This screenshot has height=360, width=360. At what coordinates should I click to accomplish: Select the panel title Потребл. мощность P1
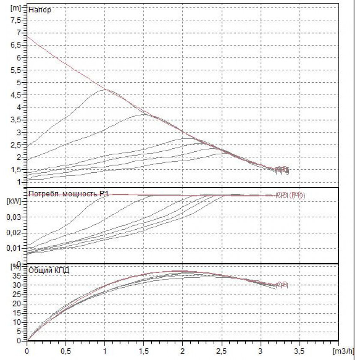68,194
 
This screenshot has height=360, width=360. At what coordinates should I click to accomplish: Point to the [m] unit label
15,7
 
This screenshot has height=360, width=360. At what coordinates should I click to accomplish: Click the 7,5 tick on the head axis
16,20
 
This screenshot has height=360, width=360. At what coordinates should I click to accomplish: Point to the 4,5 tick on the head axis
16,95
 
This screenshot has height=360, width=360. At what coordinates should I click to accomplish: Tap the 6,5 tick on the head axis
16,45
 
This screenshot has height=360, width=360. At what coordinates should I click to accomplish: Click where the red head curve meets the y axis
27,37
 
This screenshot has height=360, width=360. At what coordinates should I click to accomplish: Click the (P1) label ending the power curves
297,195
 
